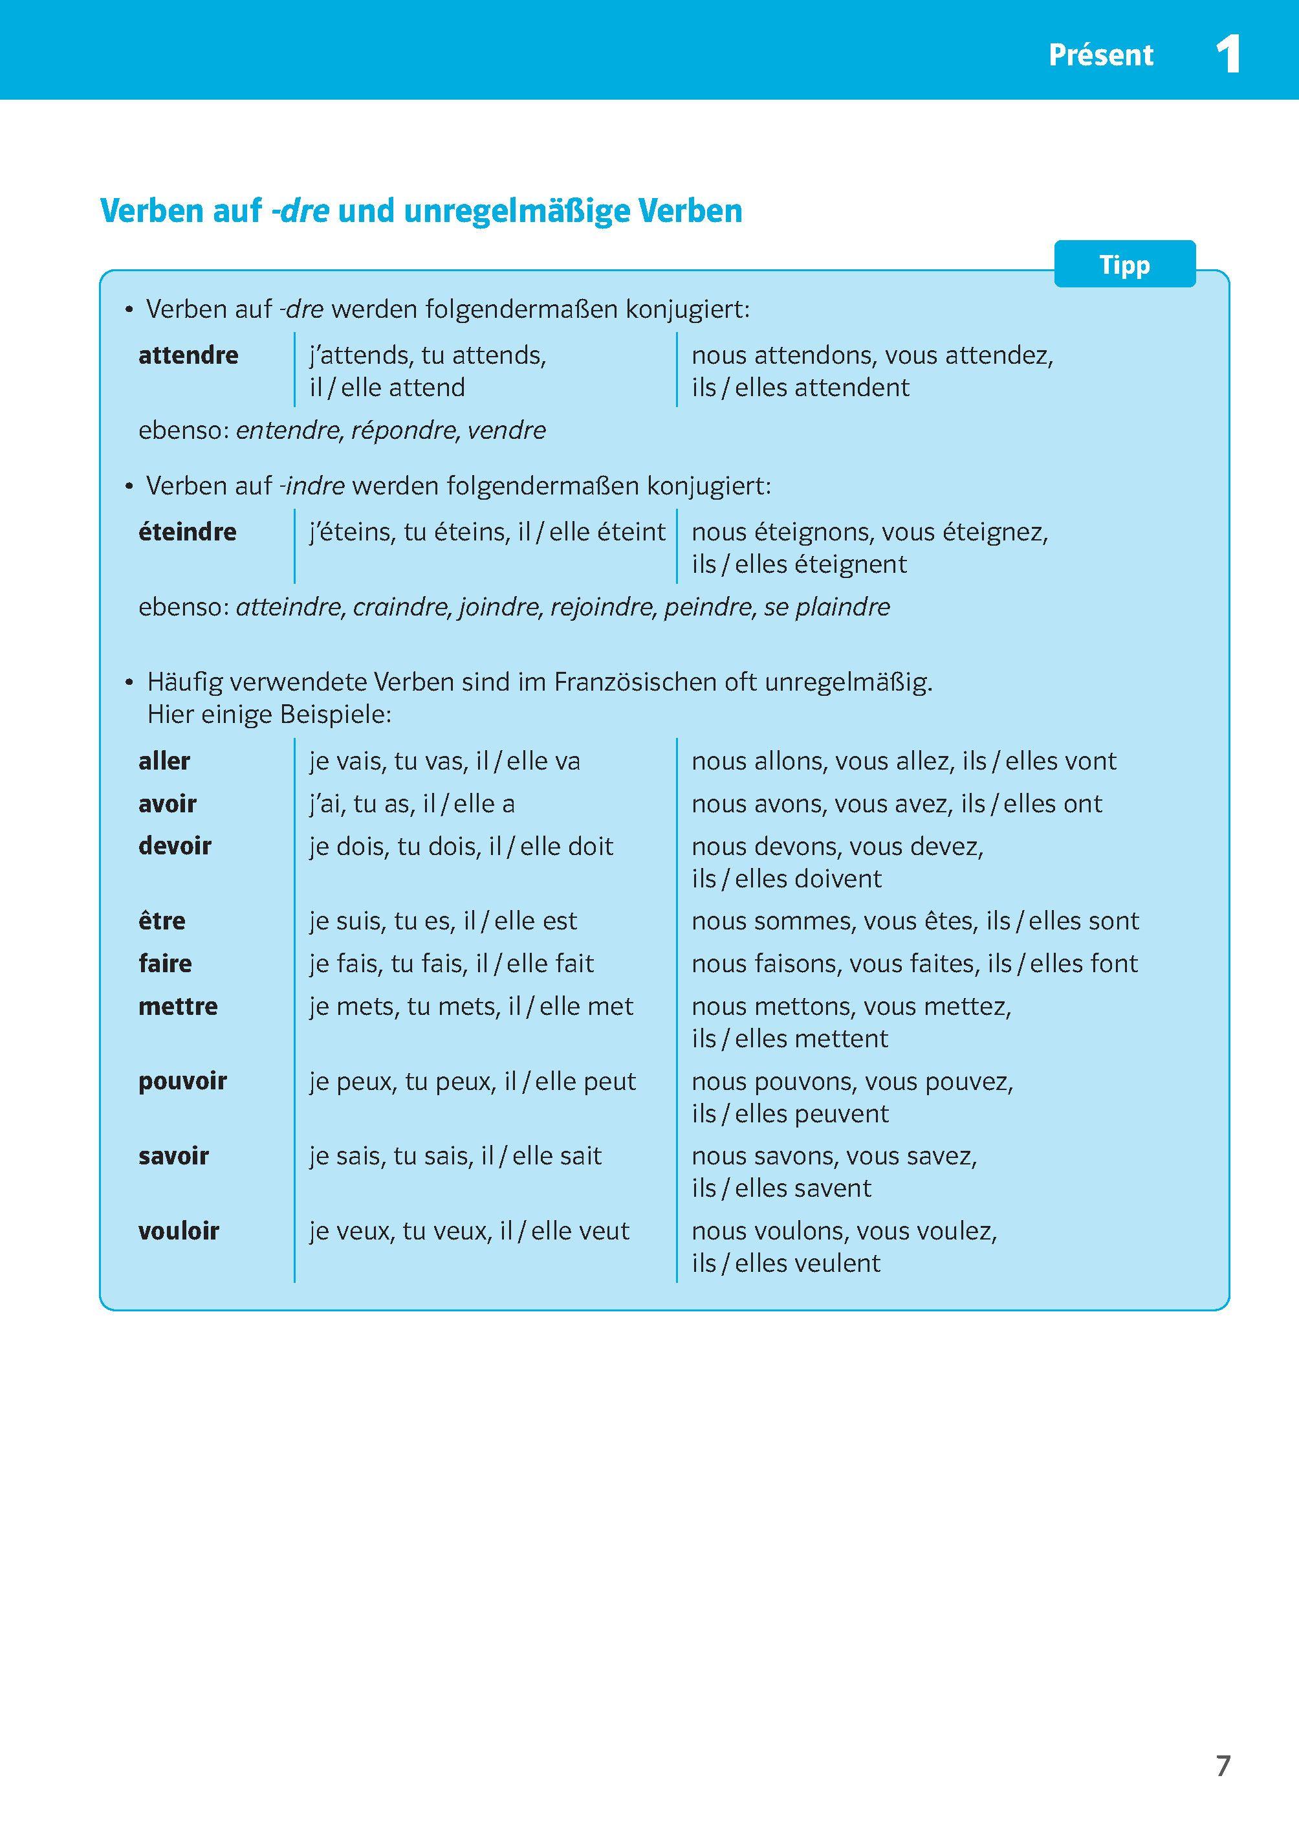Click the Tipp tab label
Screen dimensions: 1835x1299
pos(1124,265)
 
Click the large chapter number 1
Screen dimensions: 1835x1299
pos(1228,55)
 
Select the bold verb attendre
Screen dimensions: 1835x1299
pos(188,355)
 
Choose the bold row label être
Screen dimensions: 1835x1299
pos(162,921)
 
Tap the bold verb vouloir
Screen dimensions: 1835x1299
pos(179,1231)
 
